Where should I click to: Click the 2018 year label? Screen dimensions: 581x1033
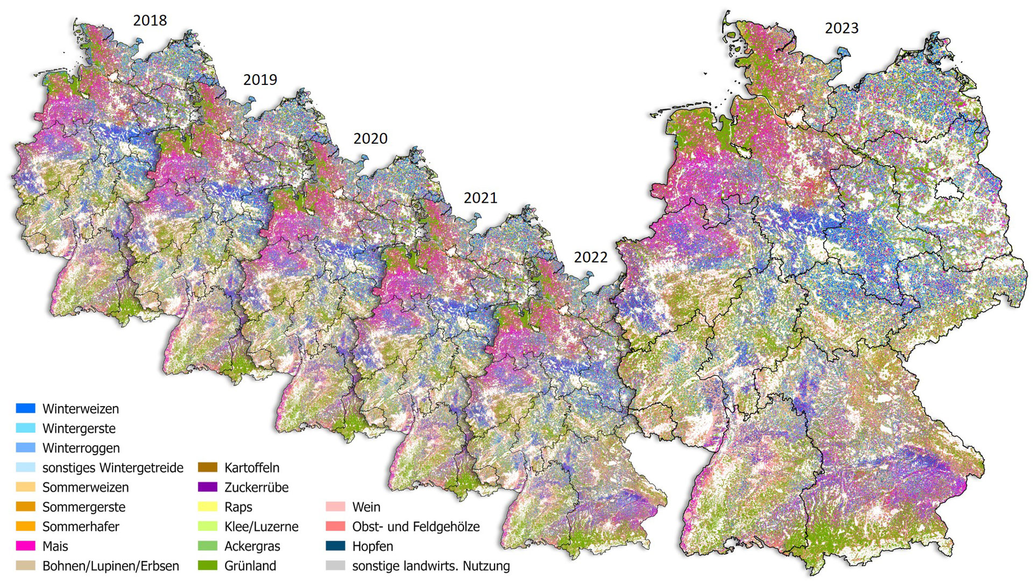[x=150, y=20]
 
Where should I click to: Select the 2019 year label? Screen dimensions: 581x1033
[x=260, y=80]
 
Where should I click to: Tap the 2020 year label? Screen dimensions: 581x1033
[x=370, y=139]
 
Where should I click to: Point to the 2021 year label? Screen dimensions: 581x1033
[x=480, y=198]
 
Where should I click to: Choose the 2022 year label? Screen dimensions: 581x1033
[x=590, y=257]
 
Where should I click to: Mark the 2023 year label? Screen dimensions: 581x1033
[x=841, y=28]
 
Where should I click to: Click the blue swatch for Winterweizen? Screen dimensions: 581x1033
[x=26, y=408]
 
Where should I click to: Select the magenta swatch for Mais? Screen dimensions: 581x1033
[x=26, y=546]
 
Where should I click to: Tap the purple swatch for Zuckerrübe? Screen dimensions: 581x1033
[x=208, y=487]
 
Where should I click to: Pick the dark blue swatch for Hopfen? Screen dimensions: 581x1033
[x=335, y=546]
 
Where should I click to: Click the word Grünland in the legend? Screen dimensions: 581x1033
[x=250, y=566]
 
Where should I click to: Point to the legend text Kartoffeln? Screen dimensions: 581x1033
[x=252, y=467]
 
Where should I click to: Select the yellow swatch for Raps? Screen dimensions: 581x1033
[x=208, y=507]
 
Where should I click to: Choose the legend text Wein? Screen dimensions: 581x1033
[x=366, y=507]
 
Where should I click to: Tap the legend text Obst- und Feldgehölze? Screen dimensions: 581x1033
[x=415, y=527]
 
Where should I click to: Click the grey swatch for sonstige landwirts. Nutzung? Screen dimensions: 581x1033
[x=335, y=566]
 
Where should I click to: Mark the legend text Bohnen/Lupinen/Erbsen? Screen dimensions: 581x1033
[x=110, y=566]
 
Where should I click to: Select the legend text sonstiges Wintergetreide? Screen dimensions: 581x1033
[x=112, y=467]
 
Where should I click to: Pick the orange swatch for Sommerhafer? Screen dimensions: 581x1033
[x=26, y=527]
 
